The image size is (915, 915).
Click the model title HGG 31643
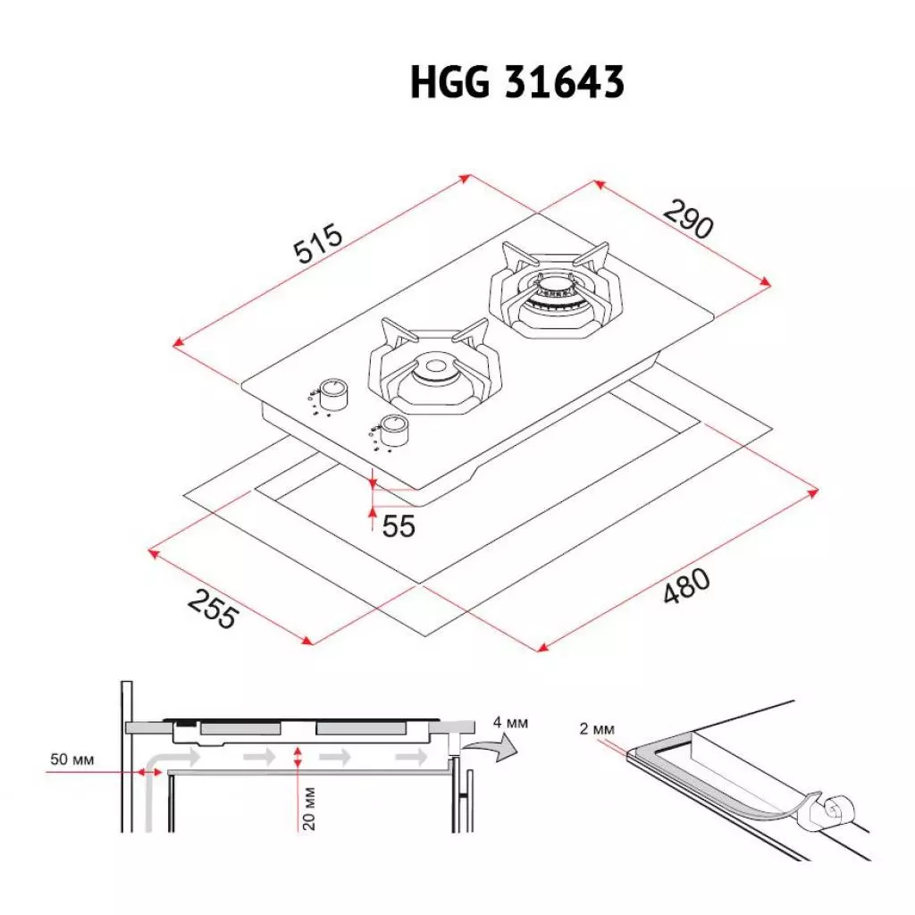pyautogui.click(x=516, y=84)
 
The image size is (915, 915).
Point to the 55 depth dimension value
pyautogui.click(x=399, y=526)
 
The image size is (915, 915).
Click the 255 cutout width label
pyautogui.click(x=214, y=609)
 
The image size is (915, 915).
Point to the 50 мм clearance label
pyautogui.click(x=71, y=760)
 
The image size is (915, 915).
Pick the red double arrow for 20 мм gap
pyautogui.click(x=298, y=757)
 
